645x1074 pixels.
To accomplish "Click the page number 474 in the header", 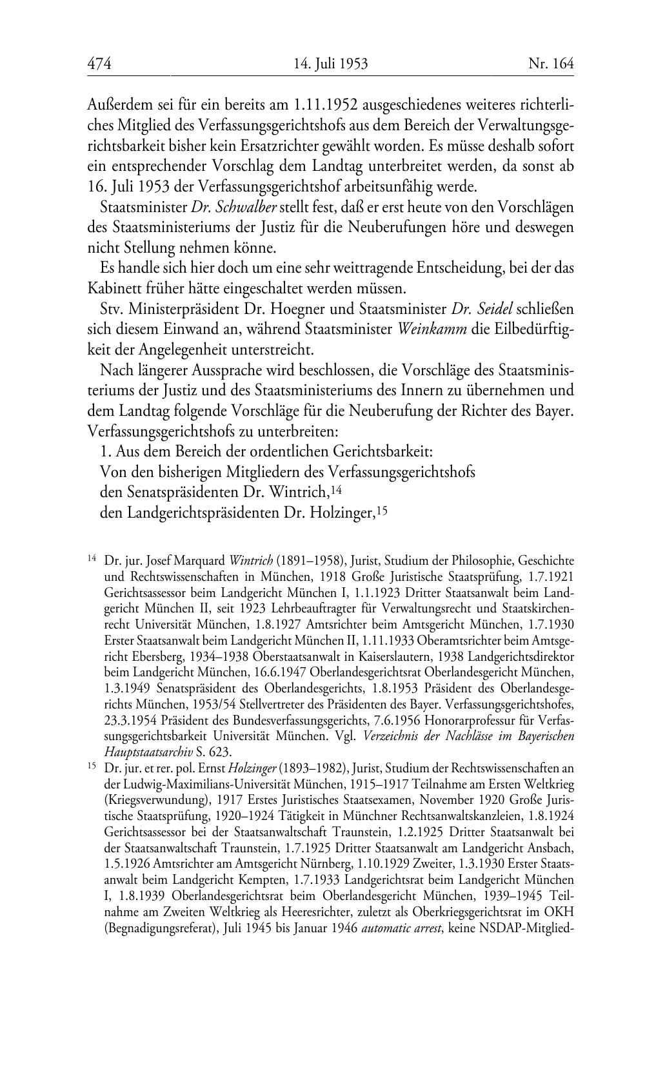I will click(x=99, y=63).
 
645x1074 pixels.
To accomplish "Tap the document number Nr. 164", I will click(x=550, y=63).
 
